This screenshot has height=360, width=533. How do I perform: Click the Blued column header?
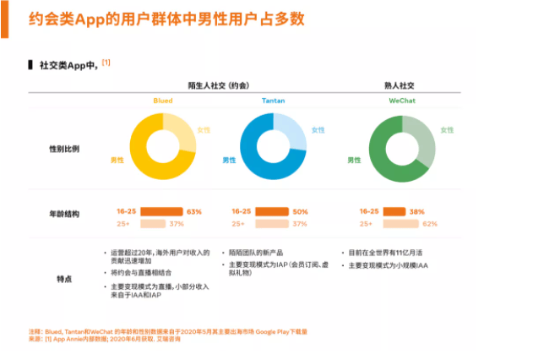163,100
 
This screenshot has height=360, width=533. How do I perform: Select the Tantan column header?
273,100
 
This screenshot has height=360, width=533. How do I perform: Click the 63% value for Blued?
194,211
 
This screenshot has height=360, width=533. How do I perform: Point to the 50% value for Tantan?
299,211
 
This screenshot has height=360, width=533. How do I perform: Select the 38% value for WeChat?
416,211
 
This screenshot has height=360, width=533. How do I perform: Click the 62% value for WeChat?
429,224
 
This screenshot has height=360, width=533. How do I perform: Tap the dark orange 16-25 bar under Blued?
161,211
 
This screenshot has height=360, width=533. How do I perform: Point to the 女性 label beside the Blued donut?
204,129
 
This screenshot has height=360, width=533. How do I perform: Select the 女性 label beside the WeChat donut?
447,130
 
